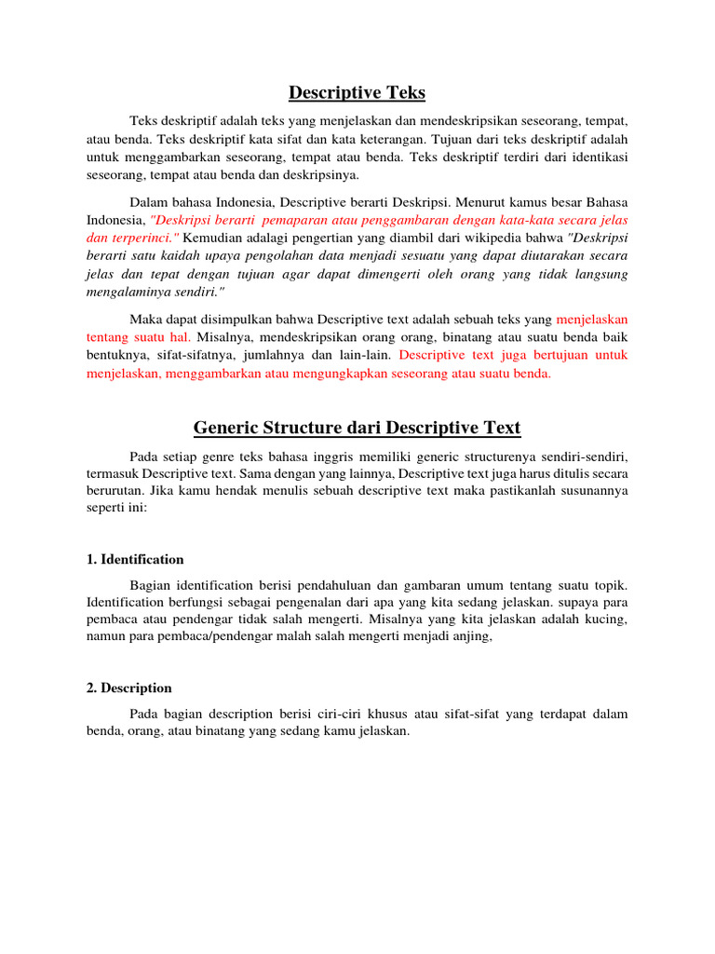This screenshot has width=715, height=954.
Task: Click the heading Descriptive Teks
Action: click(357, 92)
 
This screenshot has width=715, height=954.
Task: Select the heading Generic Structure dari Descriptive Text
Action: click(357, 428)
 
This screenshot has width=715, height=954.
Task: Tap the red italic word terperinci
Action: click(139, 238)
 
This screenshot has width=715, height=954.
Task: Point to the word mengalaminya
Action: click(117, 291)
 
